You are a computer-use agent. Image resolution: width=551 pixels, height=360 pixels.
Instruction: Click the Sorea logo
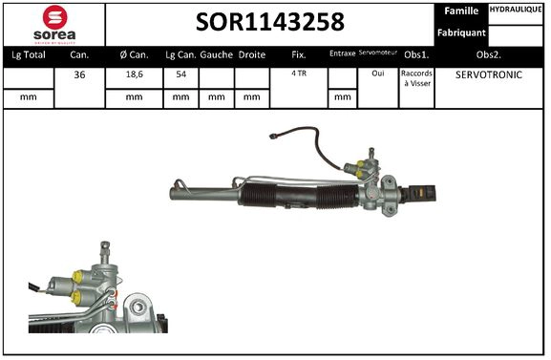coord(53,23)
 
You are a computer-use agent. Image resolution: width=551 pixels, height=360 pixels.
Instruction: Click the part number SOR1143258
coord(270,22)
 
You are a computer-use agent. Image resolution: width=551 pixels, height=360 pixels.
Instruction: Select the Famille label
coord(462,11)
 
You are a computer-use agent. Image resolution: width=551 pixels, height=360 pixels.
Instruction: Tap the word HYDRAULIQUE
coord(517,10)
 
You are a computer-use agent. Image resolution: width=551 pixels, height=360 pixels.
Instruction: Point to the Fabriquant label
coord(462,32)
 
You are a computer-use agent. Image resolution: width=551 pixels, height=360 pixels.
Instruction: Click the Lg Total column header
coord(29,55)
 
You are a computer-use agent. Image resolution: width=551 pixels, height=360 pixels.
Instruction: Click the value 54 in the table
coord(181,74)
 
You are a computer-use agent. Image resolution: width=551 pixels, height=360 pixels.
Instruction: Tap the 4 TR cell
coord(299,74)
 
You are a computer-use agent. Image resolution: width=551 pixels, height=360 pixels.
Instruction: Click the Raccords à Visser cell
coord(416,78)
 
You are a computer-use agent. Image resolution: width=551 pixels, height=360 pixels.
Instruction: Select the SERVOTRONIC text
coord(489,74)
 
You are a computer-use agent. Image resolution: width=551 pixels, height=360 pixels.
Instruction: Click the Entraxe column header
coord(342,54)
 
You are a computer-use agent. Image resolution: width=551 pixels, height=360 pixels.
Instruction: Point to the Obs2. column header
coord(489,55)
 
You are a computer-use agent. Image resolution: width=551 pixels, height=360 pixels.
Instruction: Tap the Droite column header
coord(251,55)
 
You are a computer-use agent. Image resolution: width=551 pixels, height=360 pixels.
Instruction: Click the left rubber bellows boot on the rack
coord(264,199)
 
